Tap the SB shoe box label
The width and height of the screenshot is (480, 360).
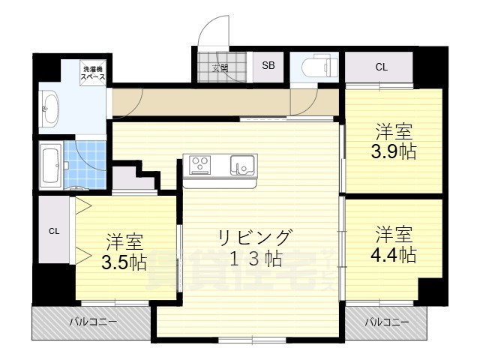(x=268, y=66)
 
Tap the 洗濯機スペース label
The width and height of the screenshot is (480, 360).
(x=94, y=74)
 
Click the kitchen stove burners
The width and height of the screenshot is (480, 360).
(x=201, y=163)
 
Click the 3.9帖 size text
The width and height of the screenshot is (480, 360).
(x=394, y=151)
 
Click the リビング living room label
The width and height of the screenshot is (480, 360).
(x=253, y=237)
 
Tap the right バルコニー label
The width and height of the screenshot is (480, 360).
(x=387, y=322)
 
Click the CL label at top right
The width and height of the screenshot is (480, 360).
(x=382, y=67)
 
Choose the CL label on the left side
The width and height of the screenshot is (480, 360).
(x=54, y=231)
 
